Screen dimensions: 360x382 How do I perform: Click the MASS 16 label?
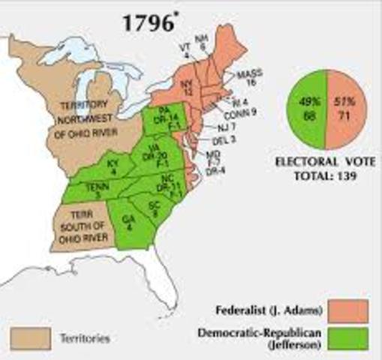click(245, 80)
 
